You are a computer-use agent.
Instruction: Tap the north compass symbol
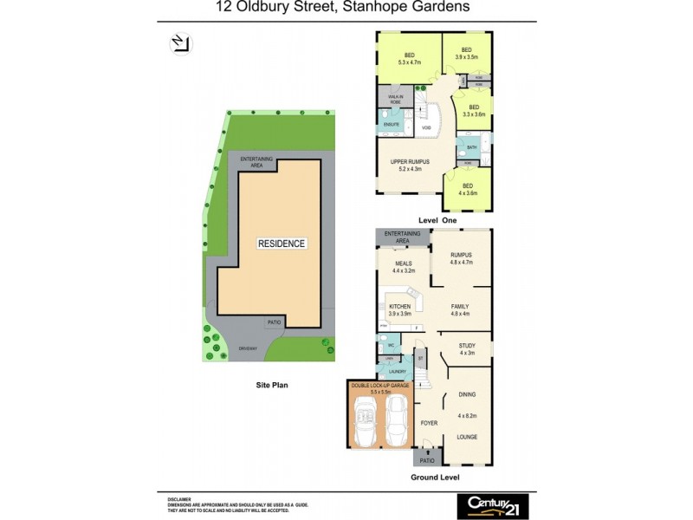[x=182, y=43]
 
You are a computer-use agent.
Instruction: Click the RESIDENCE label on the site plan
[x=282, y=244]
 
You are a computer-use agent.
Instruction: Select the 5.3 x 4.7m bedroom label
[x=409, y=59]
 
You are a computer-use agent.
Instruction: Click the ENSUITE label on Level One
[x=392, y=125]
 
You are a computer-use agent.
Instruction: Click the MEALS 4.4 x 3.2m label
[x=404, y=267]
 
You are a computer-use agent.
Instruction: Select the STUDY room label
[x=468, y=348]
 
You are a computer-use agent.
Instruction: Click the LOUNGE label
[x=467, y=436]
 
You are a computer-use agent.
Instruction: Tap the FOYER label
[x=429, y=423]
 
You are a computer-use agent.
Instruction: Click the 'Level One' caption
[x=437, y=221]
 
